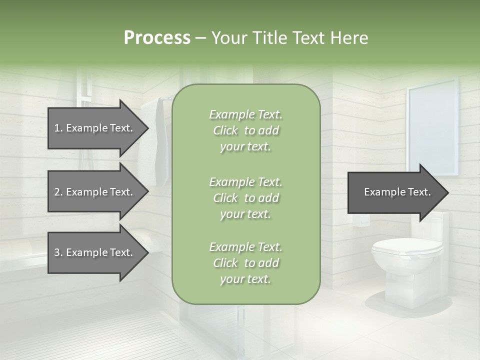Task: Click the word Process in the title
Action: click(x=157, y=38)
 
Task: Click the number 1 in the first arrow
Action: click(x=57, y=128)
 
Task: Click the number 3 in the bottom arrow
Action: click(x=57, y=252)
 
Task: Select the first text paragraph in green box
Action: click(x=245, y=130)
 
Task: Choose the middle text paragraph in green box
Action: click(x=245, y=198)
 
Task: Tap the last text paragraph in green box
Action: click(x=245, y=263)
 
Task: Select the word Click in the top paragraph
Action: click(x=225, y=130)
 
